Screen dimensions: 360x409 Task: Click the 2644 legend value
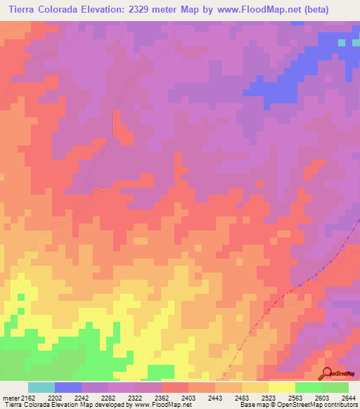[348, 398]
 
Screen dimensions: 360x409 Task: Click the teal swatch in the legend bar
[41, 387]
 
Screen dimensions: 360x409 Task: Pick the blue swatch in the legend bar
[68, 387]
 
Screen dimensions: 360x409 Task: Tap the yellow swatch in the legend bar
[281, 387]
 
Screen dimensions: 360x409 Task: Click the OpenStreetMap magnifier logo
[326, 372]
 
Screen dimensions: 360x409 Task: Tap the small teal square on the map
[342, 43]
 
